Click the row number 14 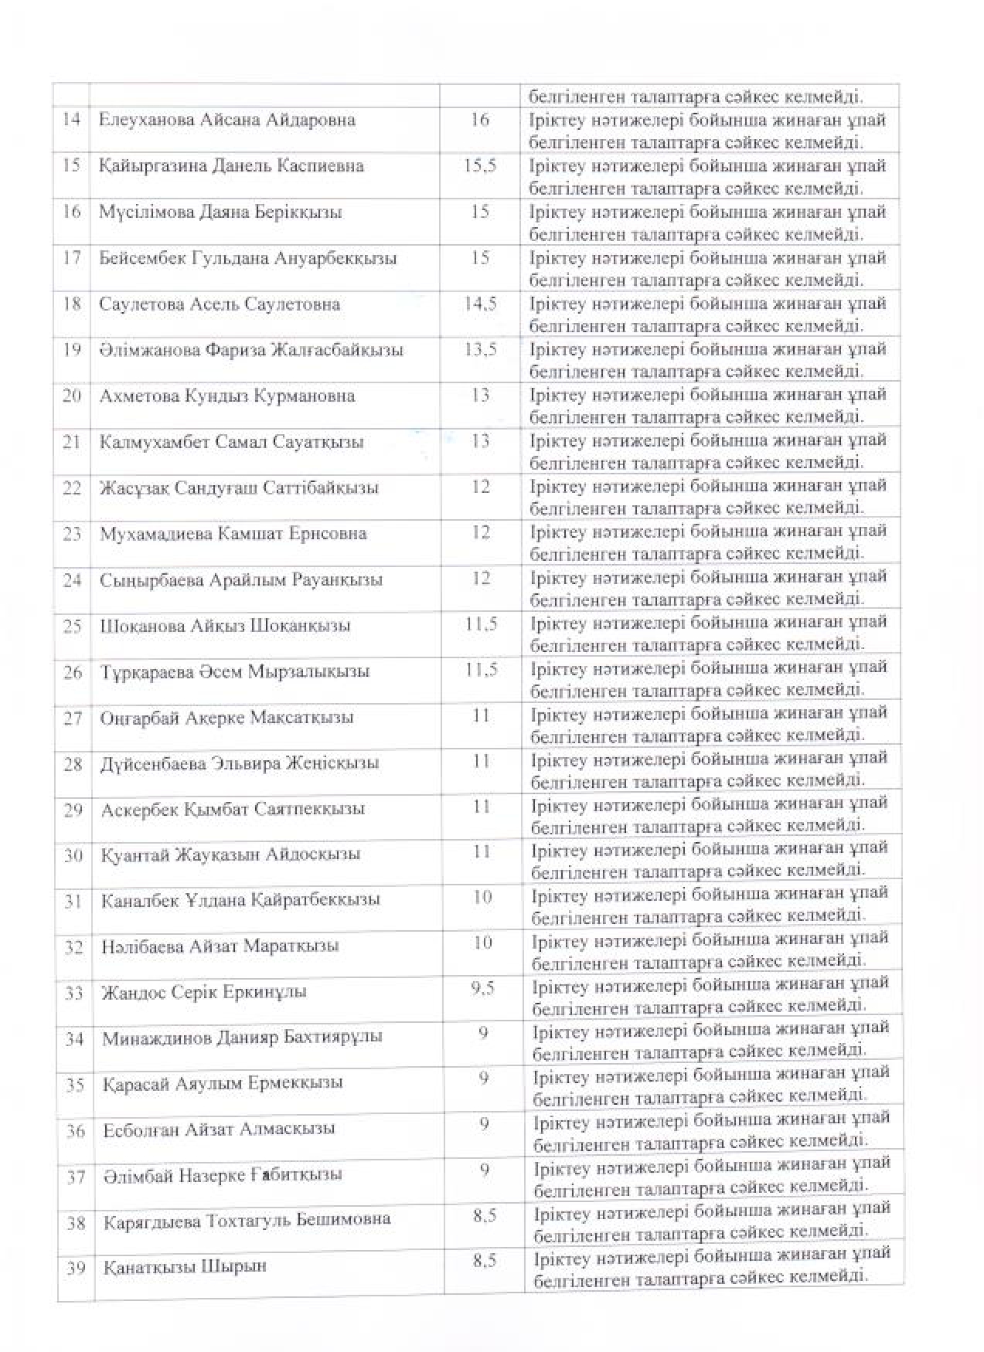click(x=71, y=120)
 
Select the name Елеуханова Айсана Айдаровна click(x=227, y=120)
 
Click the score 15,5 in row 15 click(x=480, y=165)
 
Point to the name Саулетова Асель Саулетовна click(x=220, y=304)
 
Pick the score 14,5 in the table click(x=480, y=303)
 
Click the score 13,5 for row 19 click(x=480, y=348)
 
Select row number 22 click(x=72, y=488)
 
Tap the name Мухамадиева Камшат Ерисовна click(x=233, y=534)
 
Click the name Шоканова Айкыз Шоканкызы click(x=225, y=626)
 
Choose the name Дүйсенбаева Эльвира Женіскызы click(x=240, y=763)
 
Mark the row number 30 click(x=73, y=855)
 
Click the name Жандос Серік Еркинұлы click(x=204, y=992)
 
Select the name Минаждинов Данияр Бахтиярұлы click(x=242, y=1038)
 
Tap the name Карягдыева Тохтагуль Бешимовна click(x=247, y=1221)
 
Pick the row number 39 click(x=75, y=1268)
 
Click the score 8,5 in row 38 click(x=484, y=1215)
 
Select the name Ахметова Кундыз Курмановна click(x=227, y=396)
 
